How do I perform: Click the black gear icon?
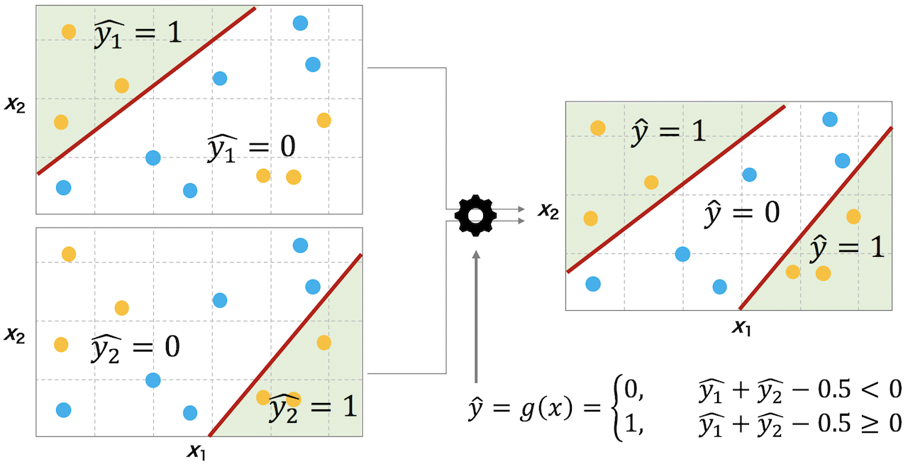pyautogui.click(x=475, y=216)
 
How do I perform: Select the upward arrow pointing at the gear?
pyautogui.click(x=476, y=316)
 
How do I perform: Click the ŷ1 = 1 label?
pyautogui.click(x=138, y=33)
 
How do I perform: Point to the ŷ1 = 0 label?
pyautogui.click(x=251, y=148)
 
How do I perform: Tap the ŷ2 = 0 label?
pyautogui.click(x=135, y=348)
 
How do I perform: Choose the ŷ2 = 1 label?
pyautogui.click(x=313, y=408)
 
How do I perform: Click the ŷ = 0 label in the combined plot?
pyautogui.click(x=742, y=214)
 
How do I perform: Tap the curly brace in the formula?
pyautogui.click(x=618, y=407)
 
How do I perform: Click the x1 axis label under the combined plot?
pyautogui.click(x=741, y=327)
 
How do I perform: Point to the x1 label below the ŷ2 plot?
pyautogui.click(x=196, y=451)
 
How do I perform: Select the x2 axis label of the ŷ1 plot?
pyautogui.click(x=15, y=105)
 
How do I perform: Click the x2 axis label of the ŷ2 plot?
pyautogui.click(x=15, y=336)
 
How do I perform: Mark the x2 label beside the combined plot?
pyautogui.click(x=548, y=211)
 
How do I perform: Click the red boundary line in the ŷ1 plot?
pyautogui.click(x=147, y=90)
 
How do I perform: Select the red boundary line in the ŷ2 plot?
pyautogui.click(x=285, y=345)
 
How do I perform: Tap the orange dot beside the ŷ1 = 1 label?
pyautogui.click(x=69, y=31)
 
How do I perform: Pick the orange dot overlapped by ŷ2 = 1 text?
pyautogui.click(x=294, y=399)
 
